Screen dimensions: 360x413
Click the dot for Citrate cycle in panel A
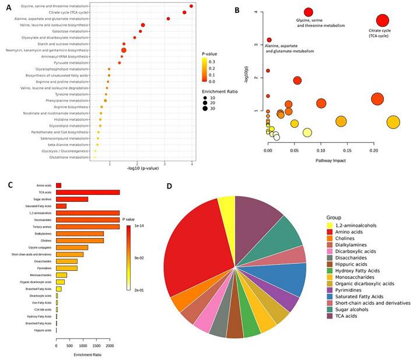tap(185, 12)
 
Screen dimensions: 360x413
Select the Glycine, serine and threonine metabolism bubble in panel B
tap(309, 12)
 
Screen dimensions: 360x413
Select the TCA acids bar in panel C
tap(87, 192)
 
